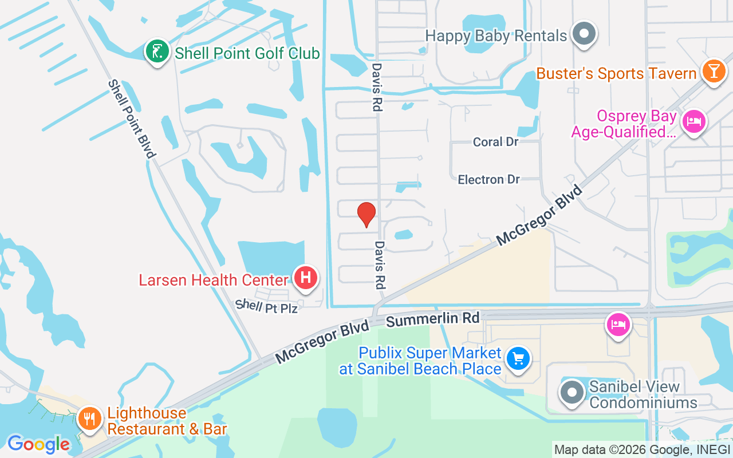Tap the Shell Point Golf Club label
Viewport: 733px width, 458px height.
247,54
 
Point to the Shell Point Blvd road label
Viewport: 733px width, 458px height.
132,119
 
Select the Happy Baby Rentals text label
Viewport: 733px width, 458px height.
496,35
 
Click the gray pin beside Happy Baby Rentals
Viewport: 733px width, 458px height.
584,34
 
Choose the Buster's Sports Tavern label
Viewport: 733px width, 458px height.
616,73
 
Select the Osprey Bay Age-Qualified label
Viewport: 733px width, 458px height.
624,124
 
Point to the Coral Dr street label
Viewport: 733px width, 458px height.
496,141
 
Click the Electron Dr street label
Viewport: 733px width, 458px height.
488,180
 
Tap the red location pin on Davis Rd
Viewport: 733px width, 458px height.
366,215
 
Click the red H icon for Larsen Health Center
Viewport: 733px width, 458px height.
306,278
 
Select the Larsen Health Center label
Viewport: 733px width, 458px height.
213,280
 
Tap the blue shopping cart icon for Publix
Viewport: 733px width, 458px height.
519,360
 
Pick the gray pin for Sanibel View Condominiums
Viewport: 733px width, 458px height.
572,393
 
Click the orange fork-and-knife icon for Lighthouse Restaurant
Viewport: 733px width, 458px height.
90,419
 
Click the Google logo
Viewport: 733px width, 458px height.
38,444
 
